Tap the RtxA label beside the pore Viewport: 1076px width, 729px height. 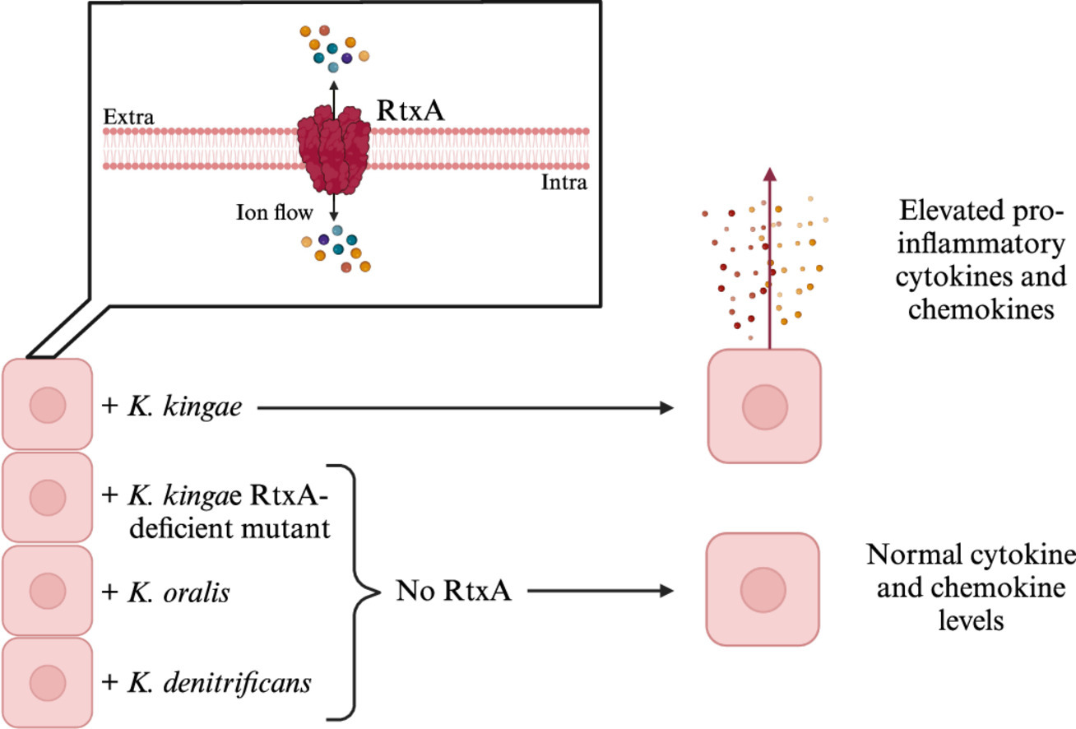click(410, 111)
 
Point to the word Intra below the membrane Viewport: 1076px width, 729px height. click(564, 183)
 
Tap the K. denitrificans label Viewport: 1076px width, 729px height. click(206, 682)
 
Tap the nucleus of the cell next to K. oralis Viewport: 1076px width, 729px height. click(47, 590)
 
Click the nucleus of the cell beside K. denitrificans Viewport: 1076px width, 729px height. click(47, 682)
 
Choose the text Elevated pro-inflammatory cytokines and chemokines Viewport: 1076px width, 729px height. click(979, 258)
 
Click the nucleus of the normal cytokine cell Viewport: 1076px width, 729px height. click(763, 589)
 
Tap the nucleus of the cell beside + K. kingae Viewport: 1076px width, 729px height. click(47, 405)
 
